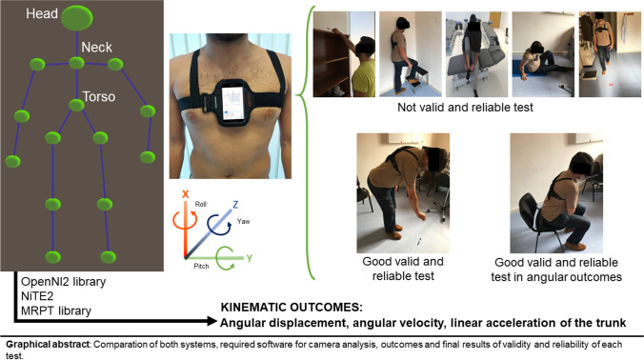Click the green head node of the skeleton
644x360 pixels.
[x=77, y=18]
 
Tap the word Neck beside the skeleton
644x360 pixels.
[x=96, y=48]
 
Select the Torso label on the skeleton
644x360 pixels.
[x=99, y=96]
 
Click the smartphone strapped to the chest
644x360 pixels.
[x=232, y=103]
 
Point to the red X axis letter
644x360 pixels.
[x=185, y=194]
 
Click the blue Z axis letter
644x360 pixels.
[x=235, y=204]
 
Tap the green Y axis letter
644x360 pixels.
[x=249, y=258]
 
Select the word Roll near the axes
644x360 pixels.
[x=200, y=204]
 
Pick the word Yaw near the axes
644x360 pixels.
[x=243, y=221]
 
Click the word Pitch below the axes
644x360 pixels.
[x=201, y=266]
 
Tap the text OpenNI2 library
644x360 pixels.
[x=63, y=282]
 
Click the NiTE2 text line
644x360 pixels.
[x=37, y=296]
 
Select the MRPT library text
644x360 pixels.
[x=56, y=310]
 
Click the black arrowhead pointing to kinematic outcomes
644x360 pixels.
[x=211, y=321]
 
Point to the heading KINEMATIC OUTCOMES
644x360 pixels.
[x=292, y=308]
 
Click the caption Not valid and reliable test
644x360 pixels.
[x=465, y=107]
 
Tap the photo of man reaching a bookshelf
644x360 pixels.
[x=344, y=54]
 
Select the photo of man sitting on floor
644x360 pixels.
[x=543, y=54]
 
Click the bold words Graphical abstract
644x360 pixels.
[x=48, y=344]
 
